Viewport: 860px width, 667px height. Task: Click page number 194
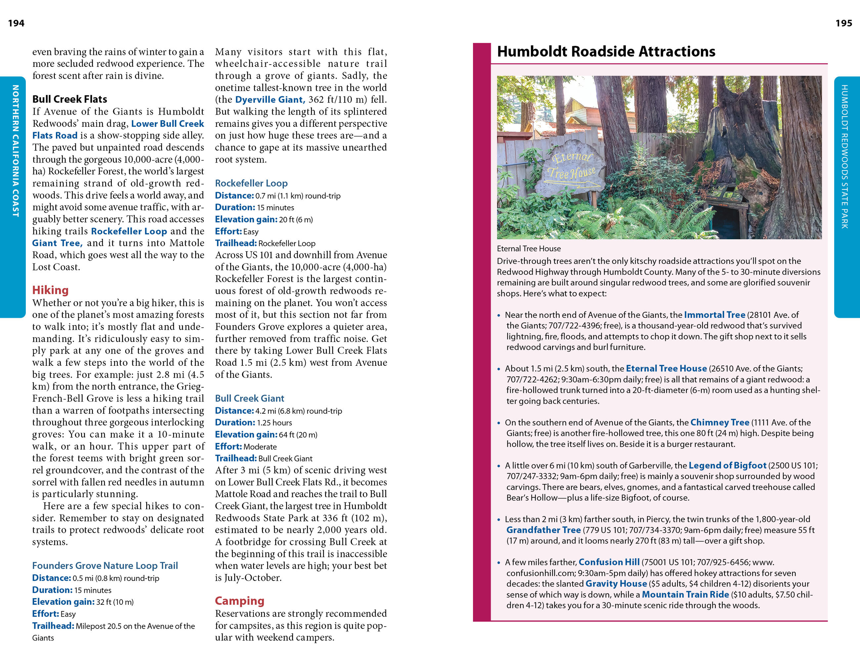pos(16,23)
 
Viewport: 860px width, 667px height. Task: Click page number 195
pos(843,23)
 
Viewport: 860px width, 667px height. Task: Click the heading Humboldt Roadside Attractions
pos(606,52)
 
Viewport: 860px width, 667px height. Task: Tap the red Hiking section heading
pos(50,290)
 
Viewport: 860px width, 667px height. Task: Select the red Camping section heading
pos(239,600)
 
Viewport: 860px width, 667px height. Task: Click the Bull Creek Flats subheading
pos(70,99)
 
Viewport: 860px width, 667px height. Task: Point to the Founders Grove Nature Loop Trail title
pos(105,565)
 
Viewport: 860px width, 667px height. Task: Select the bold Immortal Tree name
pos(714,315)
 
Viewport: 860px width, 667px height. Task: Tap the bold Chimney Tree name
pos(719,422)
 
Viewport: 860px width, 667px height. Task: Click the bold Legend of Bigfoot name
pos(727,465)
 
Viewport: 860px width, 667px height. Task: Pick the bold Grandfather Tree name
pos(543,530)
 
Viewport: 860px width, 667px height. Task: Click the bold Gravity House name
pos(616,584)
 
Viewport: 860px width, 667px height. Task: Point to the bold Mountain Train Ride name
pos(685,595)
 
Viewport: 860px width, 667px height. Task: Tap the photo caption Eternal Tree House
pos(529,249)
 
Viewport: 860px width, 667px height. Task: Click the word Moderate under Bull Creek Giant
pos(260,447)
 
